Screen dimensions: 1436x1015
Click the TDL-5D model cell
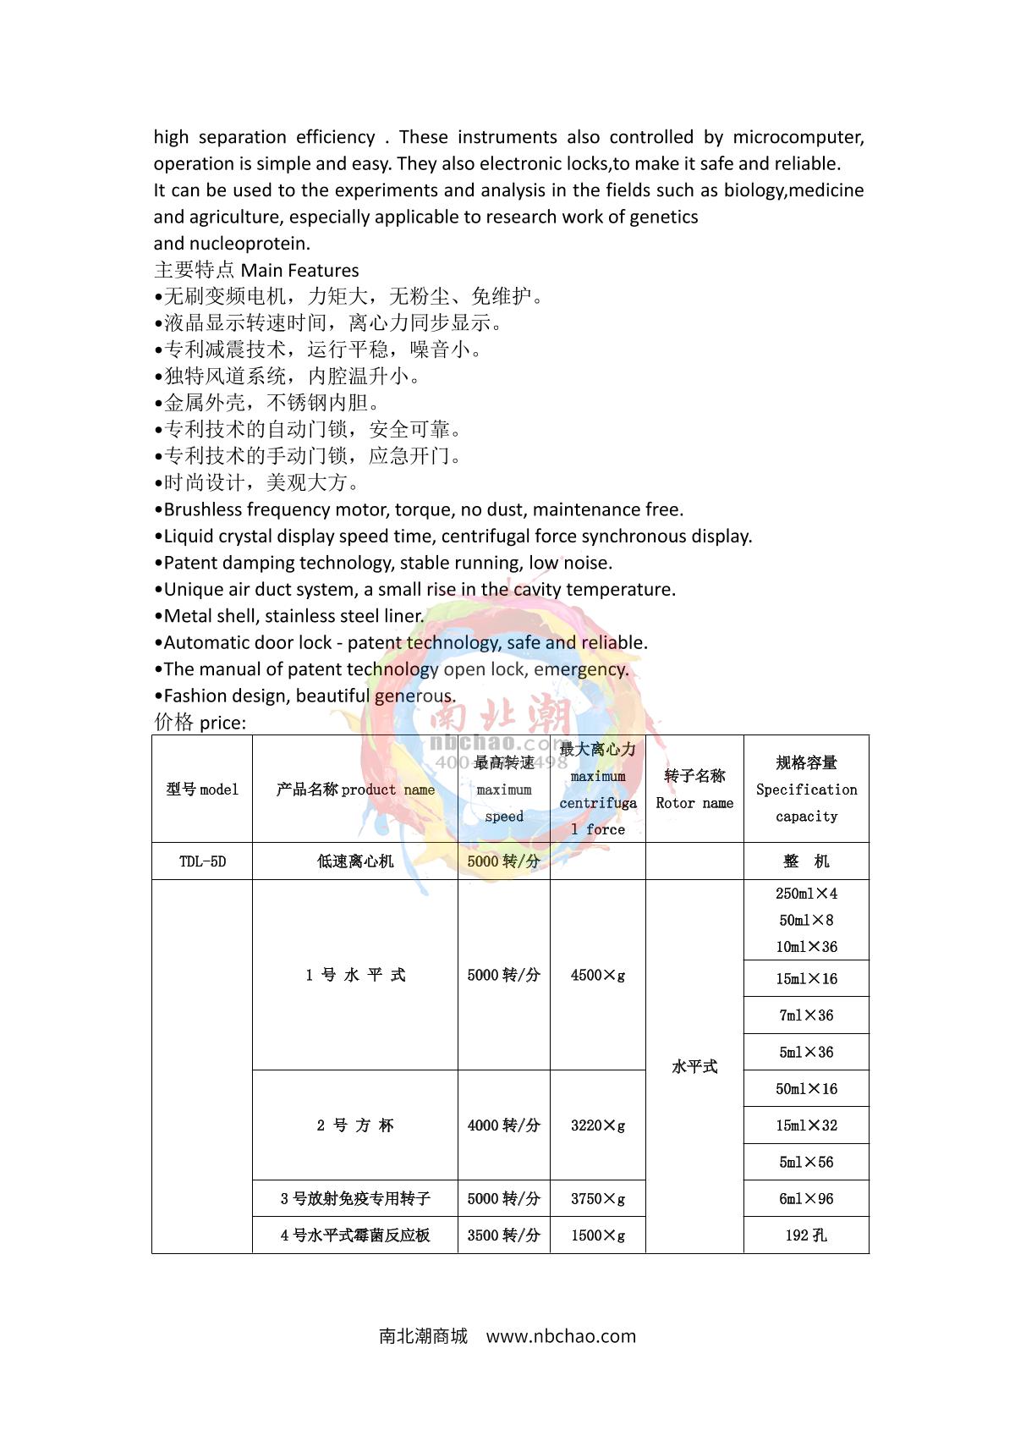pos(202,861)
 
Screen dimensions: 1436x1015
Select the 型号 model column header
pos(202,790)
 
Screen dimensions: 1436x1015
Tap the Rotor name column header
pos(694,790)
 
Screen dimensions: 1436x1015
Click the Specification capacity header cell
pos(806,790)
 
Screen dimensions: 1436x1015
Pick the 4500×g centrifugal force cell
pos(598,975)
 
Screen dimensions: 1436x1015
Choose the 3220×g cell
pos(598,1125)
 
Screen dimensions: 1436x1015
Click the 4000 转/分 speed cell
pos(503,1125)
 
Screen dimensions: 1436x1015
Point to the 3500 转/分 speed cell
pos(503,1235)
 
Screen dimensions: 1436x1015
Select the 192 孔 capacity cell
pos(806,1235)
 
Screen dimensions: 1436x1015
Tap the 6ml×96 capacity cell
pos(806,1198)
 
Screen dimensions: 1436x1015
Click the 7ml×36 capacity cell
pos(806,1015)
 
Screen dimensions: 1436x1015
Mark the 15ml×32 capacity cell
pos(806,1125)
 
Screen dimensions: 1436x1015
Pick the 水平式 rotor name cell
pos(694,1066)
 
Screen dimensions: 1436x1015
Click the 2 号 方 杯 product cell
pos(355,1125)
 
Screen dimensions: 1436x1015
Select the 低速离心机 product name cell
pos(355,861)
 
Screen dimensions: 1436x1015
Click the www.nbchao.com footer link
pos(561,1336)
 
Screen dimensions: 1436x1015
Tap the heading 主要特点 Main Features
pos(256,270)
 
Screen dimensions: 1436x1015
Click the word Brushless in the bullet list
pos(203,509)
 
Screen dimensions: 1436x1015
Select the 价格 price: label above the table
pos(200,723)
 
